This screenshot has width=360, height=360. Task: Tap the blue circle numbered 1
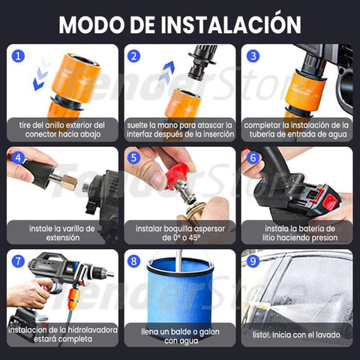(x=18, y=56)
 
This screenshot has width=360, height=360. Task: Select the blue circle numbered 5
(x=133, y=158)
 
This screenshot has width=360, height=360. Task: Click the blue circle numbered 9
(x=253, y=261)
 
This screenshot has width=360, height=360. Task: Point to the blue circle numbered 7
(x=18, y=262)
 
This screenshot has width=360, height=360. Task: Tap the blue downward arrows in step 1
(x=41, y=75)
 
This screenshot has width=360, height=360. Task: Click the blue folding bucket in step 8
(x=180, y=295)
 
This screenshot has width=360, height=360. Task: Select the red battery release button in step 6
(x=329, y=202)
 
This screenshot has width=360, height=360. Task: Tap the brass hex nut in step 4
(x=68, y=183)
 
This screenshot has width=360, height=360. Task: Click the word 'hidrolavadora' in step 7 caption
(x=92, y=330)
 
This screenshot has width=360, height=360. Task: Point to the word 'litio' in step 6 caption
(x=268, y=238)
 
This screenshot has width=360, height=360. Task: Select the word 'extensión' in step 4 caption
(x=63, y=238)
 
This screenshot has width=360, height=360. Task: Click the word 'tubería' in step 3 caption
(x=262, y=134)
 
